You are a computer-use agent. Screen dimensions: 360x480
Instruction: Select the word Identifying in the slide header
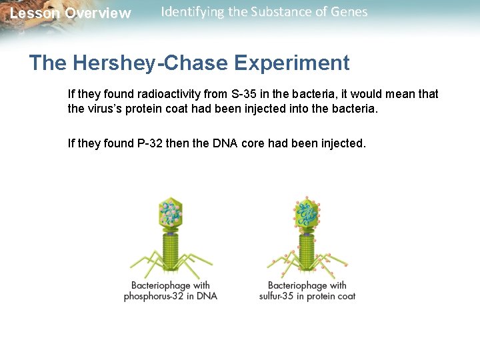pos(192,12)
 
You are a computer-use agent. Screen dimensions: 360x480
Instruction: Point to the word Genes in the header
pos(348,12)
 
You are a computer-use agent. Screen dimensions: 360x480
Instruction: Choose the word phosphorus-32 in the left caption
pos(155,296)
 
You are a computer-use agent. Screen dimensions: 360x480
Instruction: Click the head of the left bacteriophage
pos(171,213)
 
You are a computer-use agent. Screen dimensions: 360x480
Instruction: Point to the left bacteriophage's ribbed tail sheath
pos(171,250)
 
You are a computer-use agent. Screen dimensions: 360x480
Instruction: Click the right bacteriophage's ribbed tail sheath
pos(307,250)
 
